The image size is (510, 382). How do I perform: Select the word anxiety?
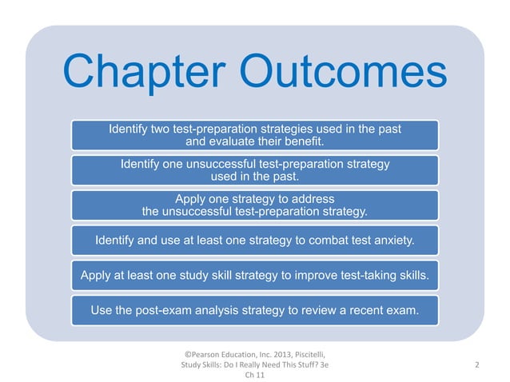[x=392, y=239]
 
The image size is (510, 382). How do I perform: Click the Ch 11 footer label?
[x=254, y=377]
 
